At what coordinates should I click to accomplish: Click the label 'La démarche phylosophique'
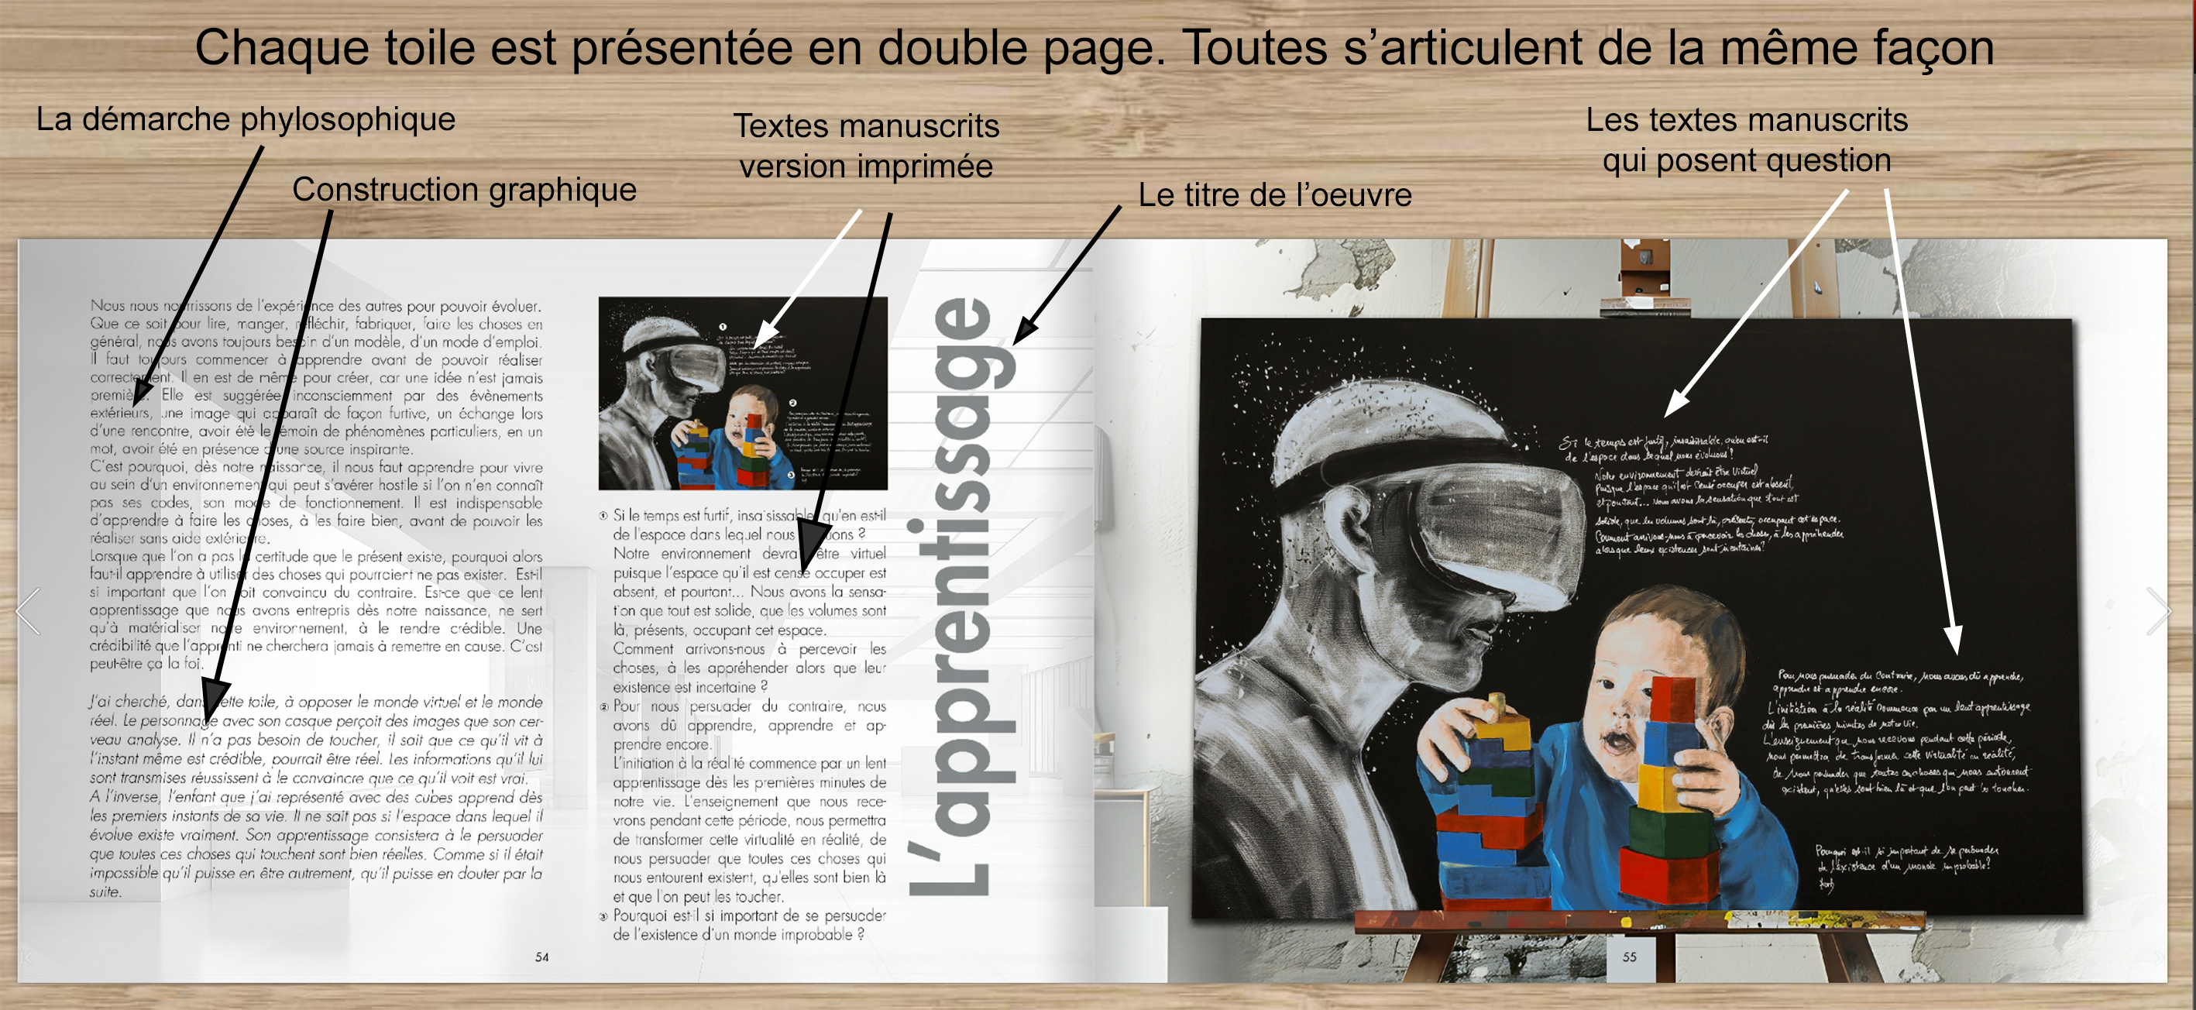click(x=246, y=119)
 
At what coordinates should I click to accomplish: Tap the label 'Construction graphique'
click(x=464, y=189)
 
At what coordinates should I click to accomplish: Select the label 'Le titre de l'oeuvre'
click(x=1274, y=195)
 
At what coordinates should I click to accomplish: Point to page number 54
click(x=541, y=957)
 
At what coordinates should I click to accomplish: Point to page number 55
click(x=1629, y=957)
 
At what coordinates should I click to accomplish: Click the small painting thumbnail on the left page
click(x=743, y=393)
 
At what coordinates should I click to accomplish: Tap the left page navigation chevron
click(x=28, y=610)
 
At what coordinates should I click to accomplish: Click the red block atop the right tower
click(x=1672, y=699)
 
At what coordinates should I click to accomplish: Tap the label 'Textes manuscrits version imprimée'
click(x=866, y=146)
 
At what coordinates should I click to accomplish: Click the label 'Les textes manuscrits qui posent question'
click(x=1747, y=139)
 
